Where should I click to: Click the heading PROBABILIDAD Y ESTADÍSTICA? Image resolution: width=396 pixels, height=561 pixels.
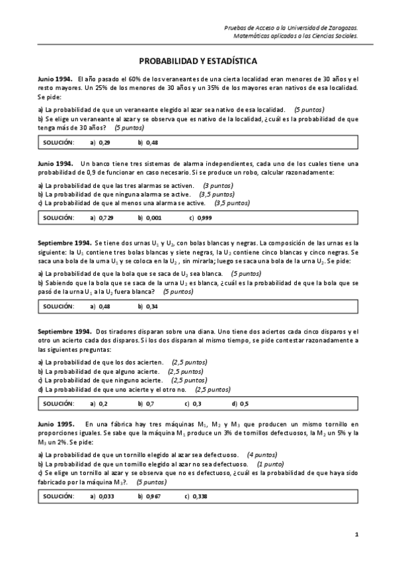[198, 60]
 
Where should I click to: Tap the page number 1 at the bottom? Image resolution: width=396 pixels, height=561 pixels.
[356, 534]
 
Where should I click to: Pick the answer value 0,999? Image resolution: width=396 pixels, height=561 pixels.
[204, 217]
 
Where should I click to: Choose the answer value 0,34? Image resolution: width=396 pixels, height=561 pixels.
[151, 306]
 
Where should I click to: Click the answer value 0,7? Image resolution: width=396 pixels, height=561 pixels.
[150, 403]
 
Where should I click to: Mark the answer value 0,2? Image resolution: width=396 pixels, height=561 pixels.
[103, 403]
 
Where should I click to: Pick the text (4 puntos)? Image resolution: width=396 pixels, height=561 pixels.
[262, 455]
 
